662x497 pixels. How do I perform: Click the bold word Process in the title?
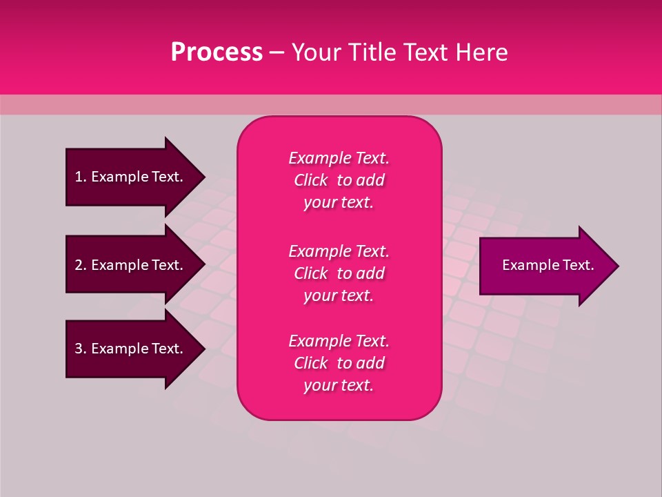pos(217,52)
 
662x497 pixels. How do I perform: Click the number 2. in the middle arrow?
pos(80,265)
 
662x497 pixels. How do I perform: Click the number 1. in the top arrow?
pos(80,177)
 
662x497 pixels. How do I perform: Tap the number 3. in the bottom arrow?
pos(80,349)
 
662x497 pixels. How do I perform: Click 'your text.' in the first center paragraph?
pos(339,203)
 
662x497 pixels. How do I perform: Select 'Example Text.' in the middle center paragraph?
pos(339,251)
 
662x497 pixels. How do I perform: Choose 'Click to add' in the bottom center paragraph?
pos(339,363)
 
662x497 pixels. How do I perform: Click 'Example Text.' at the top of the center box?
pos(339,158)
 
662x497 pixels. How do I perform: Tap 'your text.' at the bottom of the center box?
pos(339,386)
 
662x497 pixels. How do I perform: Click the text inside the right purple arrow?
pos(548,265)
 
